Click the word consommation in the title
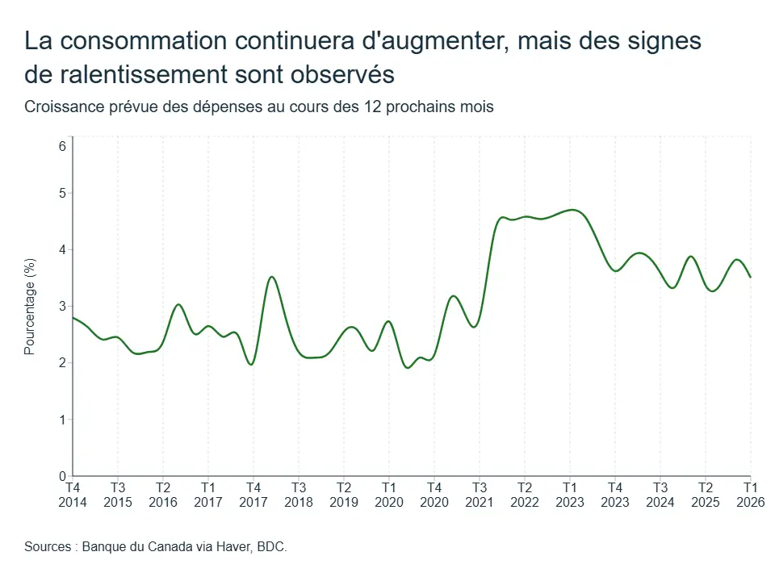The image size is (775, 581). click(x=144, y=40)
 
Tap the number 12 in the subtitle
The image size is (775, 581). click(x=373, y=107)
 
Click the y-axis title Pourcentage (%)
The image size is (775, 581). click(x=30, y=307)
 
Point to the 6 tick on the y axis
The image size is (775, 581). click(x=62, y=146)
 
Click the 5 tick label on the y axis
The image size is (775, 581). click(x=62, y=193)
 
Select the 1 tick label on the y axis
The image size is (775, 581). click(x=62, y=420)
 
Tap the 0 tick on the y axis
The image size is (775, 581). click(x=62, y=476)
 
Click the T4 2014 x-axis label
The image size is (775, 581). click(x=73, y=495)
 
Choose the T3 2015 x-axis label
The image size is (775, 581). click(x=118, y=495)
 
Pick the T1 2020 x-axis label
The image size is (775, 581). click(x=389, y=495)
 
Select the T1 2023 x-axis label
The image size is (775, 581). click(x=570, y=495)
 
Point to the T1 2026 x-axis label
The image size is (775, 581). click(x=751, y=495)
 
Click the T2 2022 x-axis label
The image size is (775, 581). click(x=525, y=495)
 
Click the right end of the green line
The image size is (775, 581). click(x=751, y=277)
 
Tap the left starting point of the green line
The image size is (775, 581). click(x=73, y=318)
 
